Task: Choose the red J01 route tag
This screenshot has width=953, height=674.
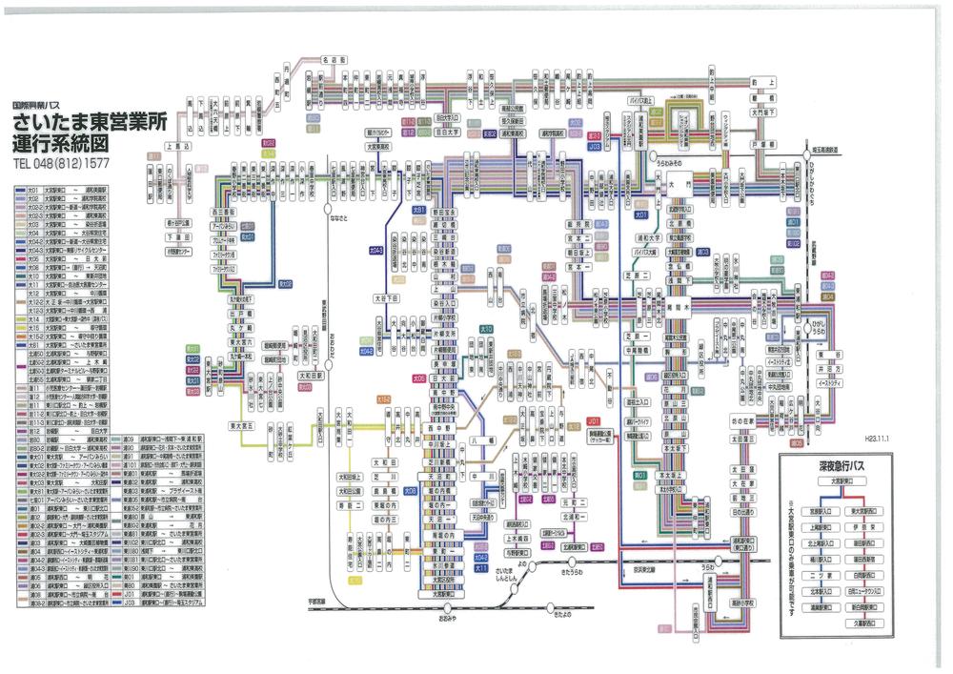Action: [x=595, y=419]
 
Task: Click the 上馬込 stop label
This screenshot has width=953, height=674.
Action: [x=178, y=147]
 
